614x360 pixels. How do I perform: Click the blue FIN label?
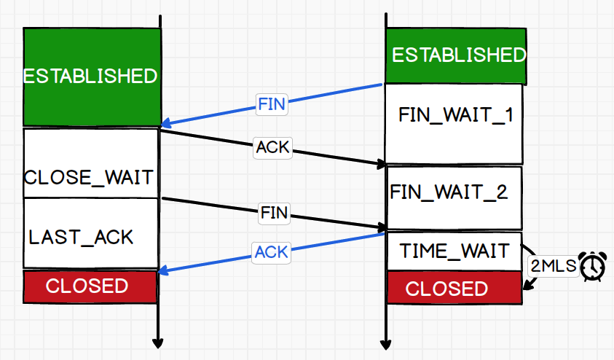click(272, 104)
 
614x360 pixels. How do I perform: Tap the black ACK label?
click(272, 148)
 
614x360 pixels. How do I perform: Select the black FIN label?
click(274, 213)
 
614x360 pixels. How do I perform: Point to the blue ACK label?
click(272, 252)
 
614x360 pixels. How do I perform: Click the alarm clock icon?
click(593, 267)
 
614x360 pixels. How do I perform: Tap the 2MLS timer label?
click(554, 267)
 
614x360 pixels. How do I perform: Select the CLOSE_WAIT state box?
click(90, 163)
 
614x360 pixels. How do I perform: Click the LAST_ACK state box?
click(90, 233)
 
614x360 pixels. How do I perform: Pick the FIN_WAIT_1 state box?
click(454, 124)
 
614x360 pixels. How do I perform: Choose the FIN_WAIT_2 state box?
click(454, 198)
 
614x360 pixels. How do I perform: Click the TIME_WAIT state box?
click(454, 251)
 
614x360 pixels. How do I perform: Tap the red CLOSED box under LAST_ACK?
click(90, 286)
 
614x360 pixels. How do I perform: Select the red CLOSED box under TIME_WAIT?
click(454, 288)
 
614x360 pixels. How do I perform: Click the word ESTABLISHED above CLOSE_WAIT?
click(90, 76)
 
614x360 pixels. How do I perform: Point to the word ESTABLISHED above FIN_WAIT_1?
click(459, 55)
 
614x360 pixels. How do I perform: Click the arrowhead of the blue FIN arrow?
click(165, 124)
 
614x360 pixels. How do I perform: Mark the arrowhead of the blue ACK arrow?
click(162, 270)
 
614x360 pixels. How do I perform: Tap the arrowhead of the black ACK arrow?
click(382, 164)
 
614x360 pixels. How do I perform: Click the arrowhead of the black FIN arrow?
click(382, 227)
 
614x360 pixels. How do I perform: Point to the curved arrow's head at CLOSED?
click(527, 285)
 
